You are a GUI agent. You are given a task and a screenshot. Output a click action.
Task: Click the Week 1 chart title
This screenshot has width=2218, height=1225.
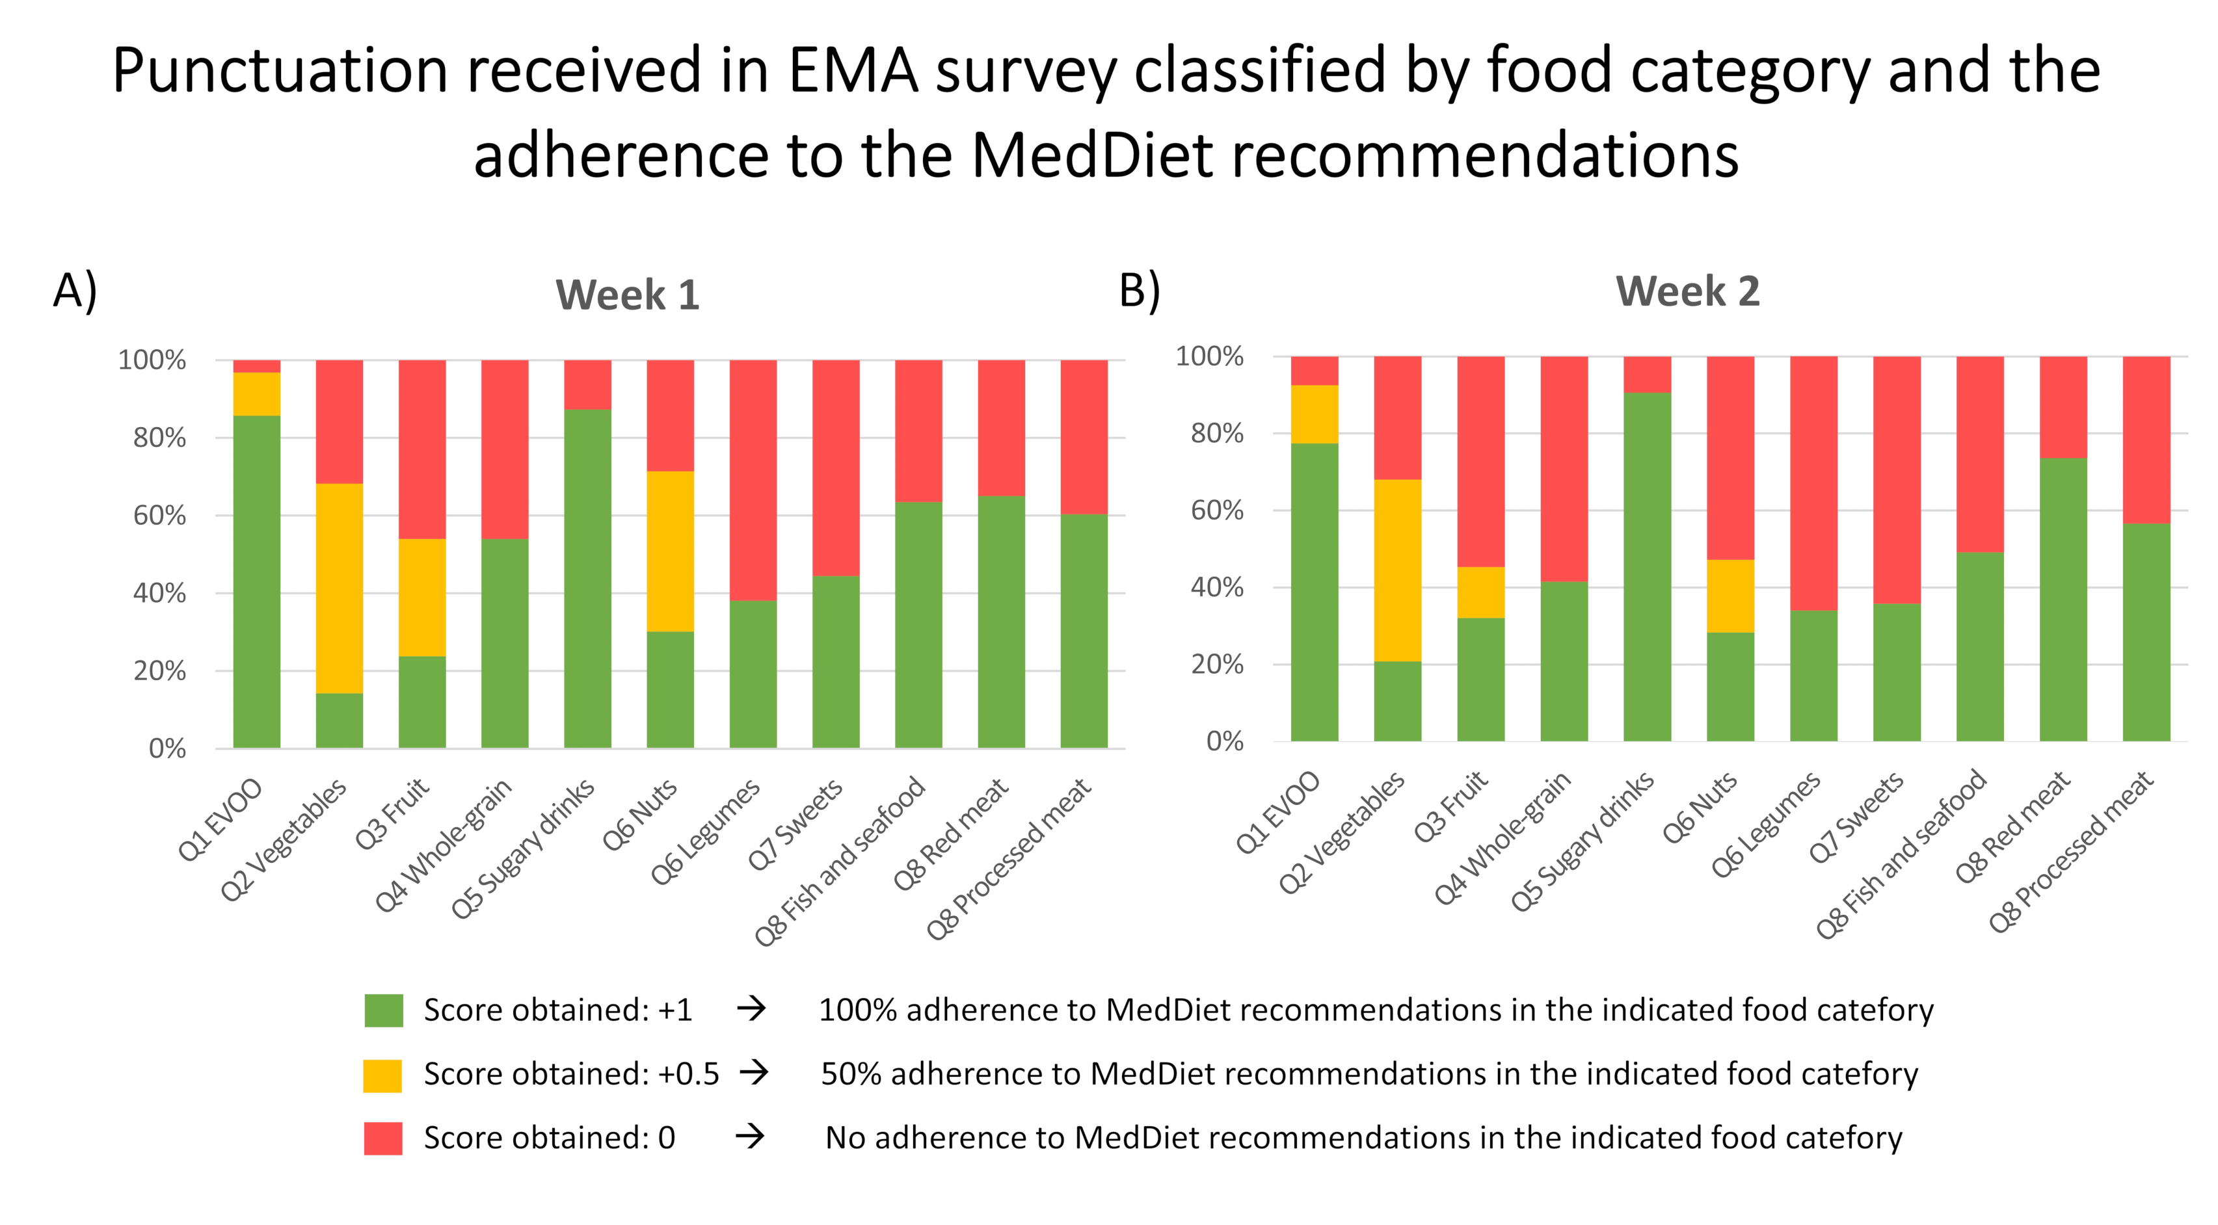627,295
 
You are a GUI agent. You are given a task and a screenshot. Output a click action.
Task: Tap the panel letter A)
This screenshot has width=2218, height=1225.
75,290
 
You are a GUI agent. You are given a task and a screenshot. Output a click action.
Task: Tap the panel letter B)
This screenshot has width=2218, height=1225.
1139,290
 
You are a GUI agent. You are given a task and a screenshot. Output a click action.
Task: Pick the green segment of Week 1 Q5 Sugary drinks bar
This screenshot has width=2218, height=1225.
587,579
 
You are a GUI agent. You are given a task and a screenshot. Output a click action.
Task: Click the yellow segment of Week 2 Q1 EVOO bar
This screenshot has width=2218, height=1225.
1314,414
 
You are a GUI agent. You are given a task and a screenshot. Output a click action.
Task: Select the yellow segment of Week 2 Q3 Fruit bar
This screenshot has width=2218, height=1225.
1480,592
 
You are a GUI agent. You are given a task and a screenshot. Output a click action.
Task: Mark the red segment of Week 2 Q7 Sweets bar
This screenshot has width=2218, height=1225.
1897,479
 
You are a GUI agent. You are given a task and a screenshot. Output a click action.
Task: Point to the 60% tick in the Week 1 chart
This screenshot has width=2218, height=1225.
159,516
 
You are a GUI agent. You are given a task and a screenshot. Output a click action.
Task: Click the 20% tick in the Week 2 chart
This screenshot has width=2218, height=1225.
1216,665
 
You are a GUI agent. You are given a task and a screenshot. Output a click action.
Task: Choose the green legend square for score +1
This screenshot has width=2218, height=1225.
383,1010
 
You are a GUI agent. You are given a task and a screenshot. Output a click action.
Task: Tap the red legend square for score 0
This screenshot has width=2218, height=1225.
383,1138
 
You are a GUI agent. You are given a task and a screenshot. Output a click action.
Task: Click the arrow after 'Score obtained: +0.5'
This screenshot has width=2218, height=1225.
755,1074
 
